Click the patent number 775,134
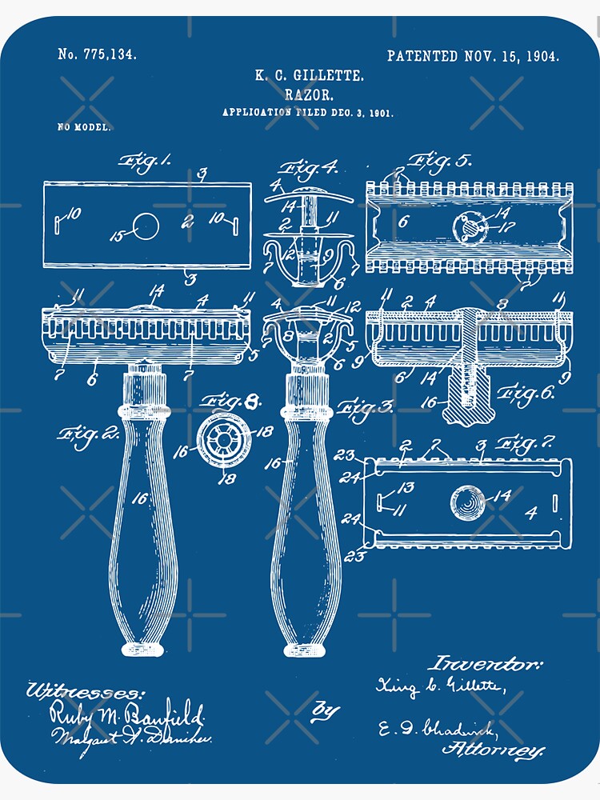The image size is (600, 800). (x=97, y=55)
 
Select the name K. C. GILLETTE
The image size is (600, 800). (x=309, y=76)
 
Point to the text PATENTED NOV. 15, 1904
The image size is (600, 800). (x=473, y=56)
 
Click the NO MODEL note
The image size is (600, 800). (x=83, y=127)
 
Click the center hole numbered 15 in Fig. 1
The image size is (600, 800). (x=145, y=227)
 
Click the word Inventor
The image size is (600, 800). (x=486, y=663)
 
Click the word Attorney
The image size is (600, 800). (x=494, y=750)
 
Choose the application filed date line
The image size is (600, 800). (x=308, y=113)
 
